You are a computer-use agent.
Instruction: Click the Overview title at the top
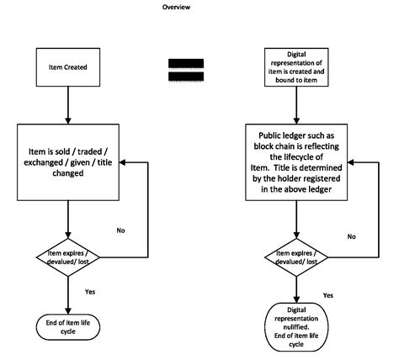pyautogui.click(x=177, y=8)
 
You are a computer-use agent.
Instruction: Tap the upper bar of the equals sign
pyautogui.click(x=185, y=63)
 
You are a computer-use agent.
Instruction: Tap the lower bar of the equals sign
pyautogui.click(x=185, y=77)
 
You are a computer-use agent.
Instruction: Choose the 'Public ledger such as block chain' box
pyautogui.click(x=296, y=162)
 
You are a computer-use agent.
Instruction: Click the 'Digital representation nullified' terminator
pyautogui.click(x=296, y=326)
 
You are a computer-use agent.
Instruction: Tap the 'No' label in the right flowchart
pyautogui.click(x=351, y=236)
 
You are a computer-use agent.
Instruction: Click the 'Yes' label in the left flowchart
pyautogui.click(x=89, y=291)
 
